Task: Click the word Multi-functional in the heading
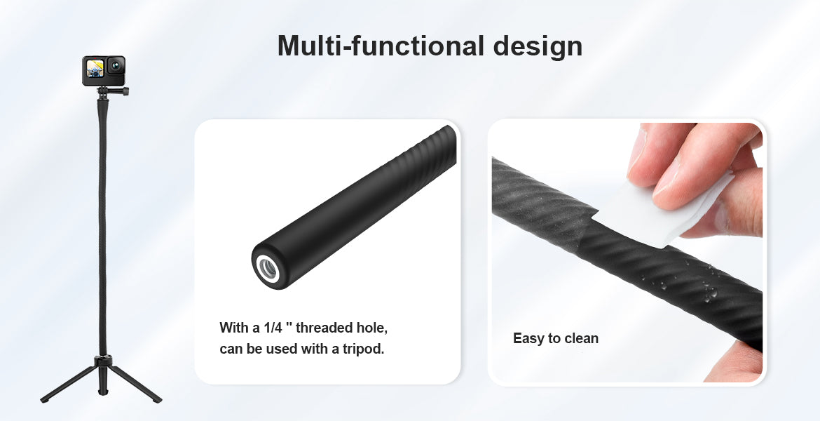click(x=381, y=46)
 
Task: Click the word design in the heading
click(x=538, y=47)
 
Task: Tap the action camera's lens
click(x=116, y=66)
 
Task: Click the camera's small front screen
click(x=95, y=69)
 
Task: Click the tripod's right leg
click(x=136, y=383)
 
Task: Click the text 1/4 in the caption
click(x=275, y=328)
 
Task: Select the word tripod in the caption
click(x=364, y=349)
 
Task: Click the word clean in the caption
click(x=582, y=338)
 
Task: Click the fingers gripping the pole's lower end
click(x=734, y=361)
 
